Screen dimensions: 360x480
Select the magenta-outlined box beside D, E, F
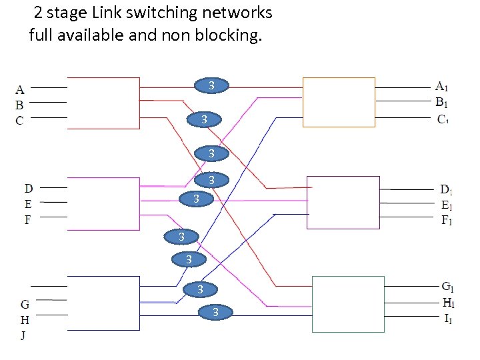[x=103, y=203]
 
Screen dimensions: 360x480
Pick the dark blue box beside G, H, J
[x=103, y=303]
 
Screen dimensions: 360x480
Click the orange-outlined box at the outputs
[x=339, y=101]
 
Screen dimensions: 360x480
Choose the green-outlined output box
[x=348, y=304]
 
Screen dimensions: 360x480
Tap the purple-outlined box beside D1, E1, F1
[x=343, y=202]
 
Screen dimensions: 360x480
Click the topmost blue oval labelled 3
[x=211, y=85]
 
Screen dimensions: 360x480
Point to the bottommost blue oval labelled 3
[x=215, y=312]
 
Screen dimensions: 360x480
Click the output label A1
[x=441, y=86]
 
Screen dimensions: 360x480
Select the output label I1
[x=448, y=319]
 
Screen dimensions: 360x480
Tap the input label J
[x=24, y=335]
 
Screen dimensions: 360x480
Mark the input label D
[x=29, y=189]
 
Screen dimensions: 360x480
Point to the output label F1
[x=447, y=221]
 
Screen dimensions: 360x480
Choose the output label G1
[x=448, y=287]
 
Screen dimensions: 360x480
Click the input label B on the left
[x=20, y=105]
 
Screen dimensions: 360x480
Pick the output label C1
[x=442, y=119]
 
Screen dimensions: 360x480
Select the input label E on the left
[x=29, y=204]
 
